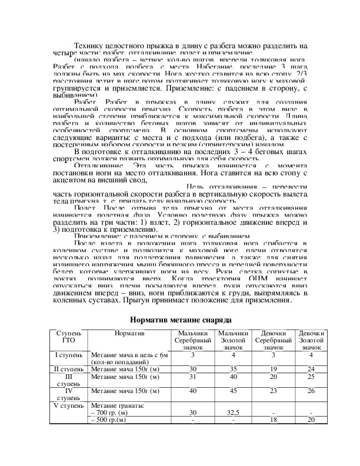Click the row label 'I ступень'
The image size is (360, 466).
[68, 355]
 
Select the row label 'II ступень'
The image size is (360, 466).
[68, 369]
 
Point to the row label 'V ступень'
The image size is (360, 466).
[68, 406]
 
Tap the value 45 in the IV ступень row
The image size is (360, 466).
[233, 391]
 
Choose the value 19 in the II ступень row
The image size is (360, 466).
[273, 369]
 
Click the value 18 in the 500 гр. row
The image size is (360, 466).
[273, 420]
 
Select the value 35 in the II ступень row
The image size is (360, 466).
[233, 369]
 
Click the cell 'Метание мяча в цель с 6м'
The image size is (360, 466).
[130, 355]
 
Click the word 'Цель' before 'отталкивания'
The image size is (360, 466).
[196, 187]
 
